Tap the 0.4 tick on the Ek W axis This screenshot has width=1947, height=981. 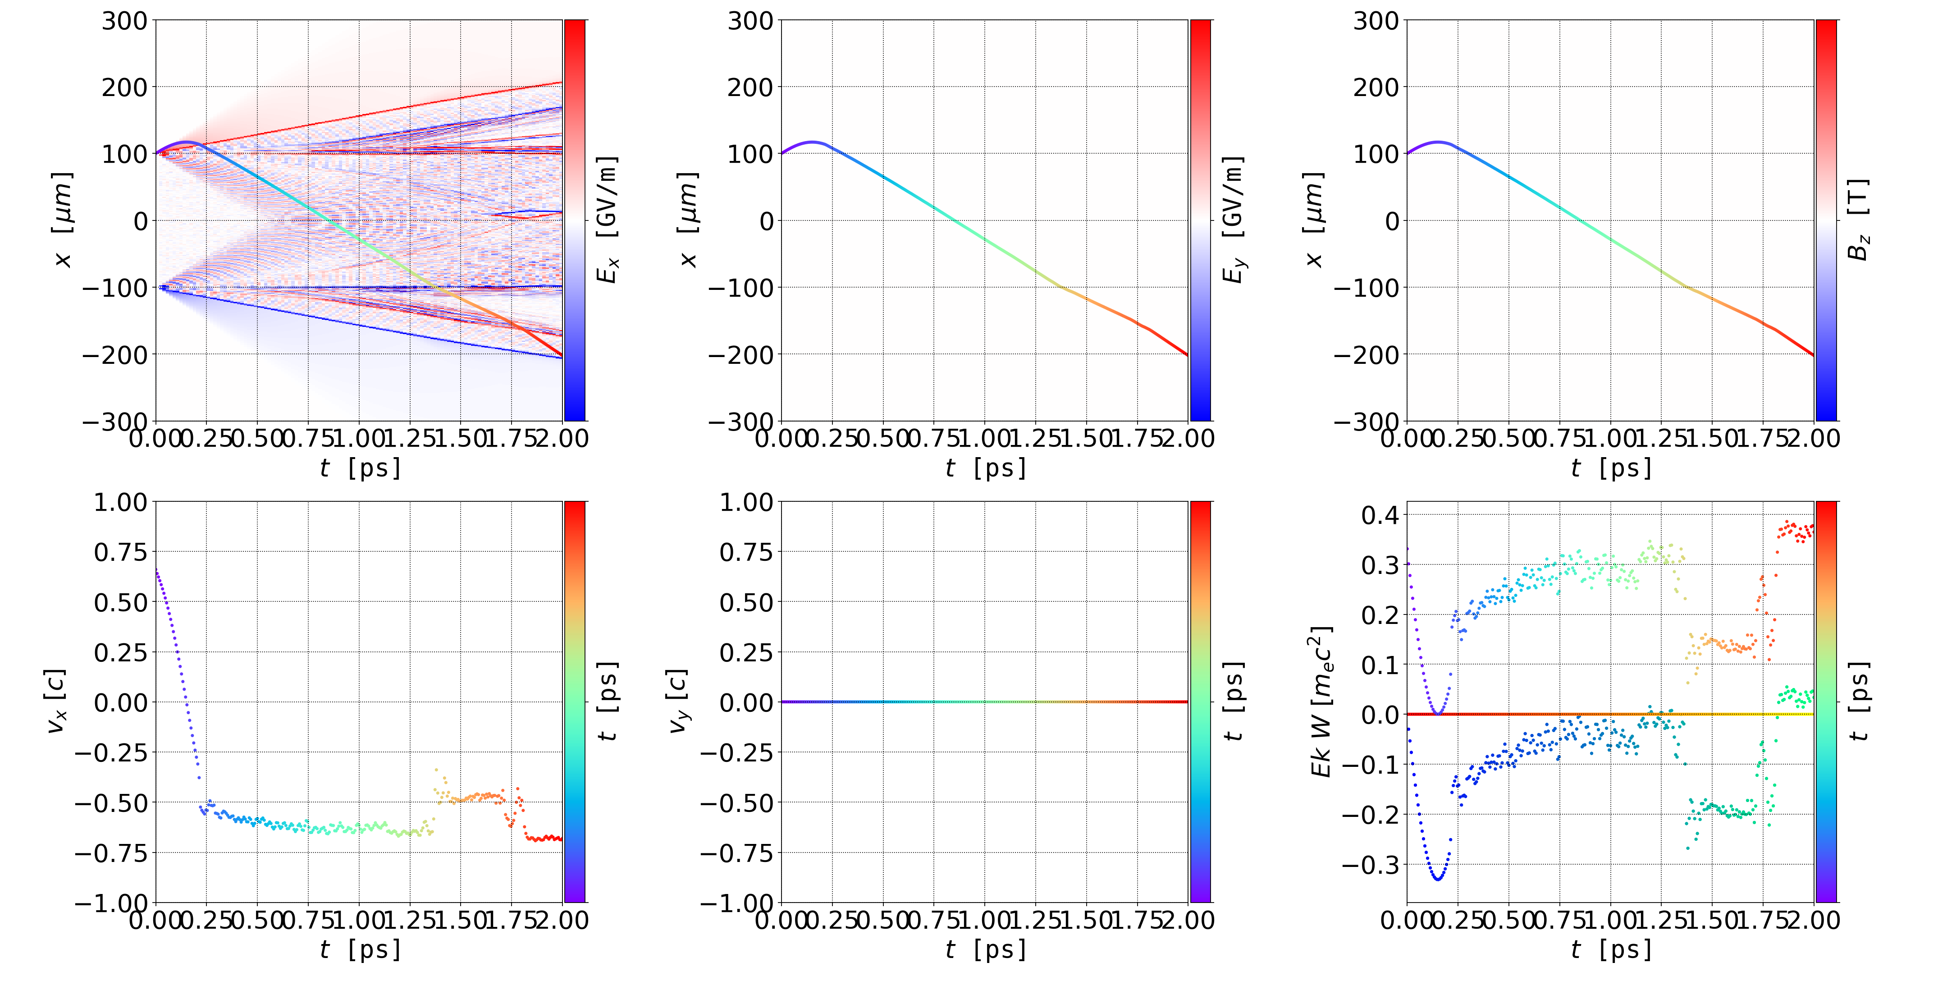1380,515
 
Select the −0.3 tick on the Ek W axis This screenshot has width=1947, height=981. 1370,865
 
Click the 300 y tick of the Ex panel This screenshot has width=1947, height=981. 125,21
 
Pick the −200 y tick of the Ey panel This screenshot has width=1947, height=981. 740,354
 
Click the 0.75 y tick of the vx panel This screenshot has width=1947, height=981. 120,552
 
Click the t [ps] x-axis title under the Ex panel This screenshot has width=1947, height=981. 360,468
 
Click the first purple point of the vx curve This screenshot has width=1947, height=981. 156,569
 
